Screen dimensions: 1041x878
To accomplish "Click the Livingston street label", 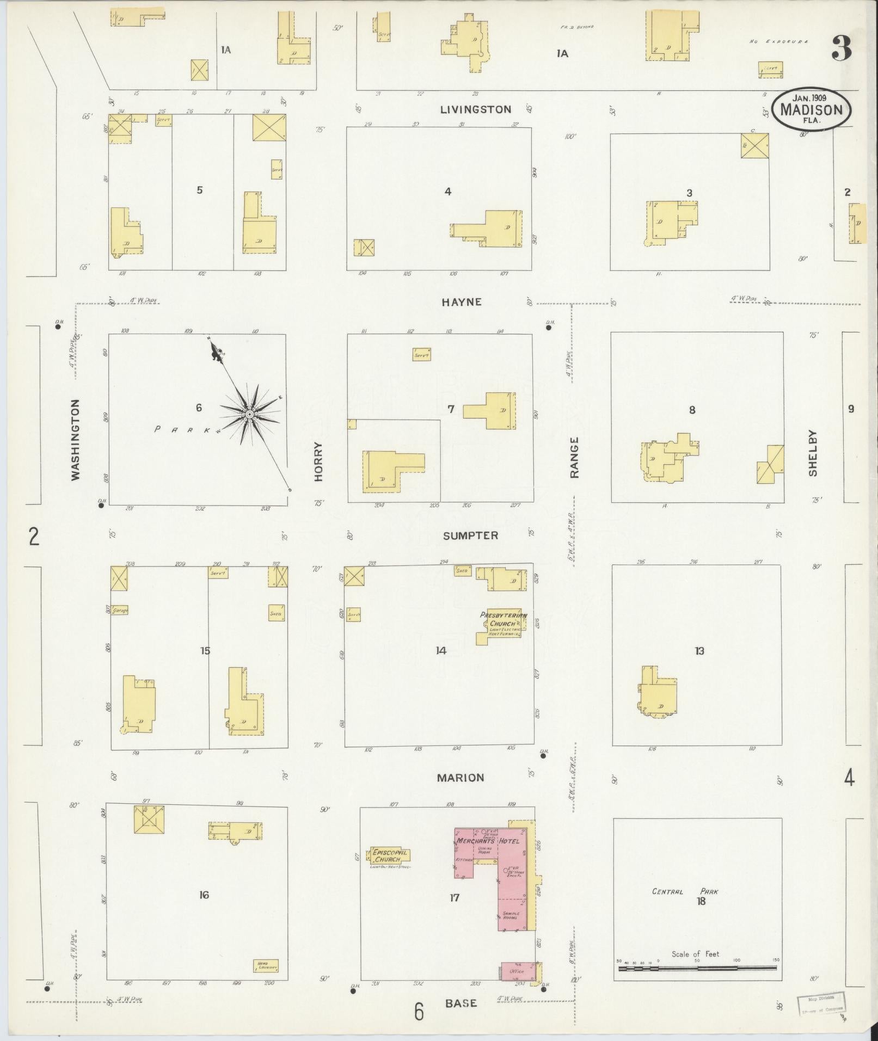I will click(475, 109).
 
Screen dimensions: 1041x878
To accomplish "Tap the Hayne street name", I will click(462, 302).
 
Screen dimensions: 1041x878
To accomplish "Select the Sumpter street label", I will click(470, 535).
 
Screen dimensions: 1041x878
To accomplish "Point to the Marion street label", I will click(461, 778).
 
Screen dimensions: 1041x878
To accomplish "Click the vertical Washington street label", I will click(75, 440).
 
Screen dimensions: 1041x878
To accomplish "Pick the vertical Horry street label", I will click(318, 461).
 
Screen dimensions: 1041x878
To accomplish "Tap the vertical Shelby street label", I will click(813, 453).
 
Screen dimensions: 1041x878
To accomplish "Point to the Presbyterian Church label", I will click(504, 619).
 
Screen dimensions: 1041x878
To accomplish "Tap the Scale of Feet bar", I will click(697, 968).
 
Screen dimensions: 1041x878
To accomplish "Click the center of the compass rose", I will click(249, 415).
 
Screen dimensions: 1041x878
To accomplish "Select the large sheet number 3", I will click(841, 49).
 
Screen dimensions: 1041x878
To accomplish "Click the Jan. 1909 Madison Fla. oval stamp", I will click(811, 109).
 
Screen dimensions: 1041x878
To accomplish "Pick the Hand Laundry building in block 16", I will click(266, 966).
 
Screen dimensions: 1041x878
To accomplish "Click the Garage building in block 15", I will click(120, 610).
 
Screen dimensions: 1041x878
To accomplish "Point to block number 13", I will click(699, 651).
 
